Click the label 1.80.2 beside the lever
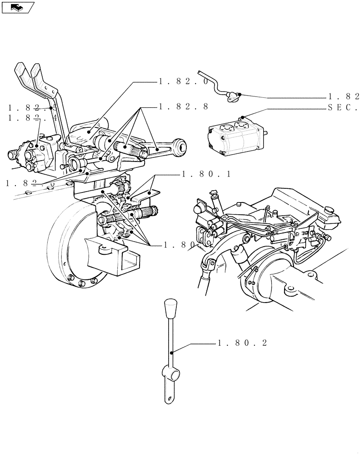click(242, 343)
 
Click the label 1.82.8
click(184, 106)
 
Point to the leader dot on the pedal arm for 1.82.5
click(51, 108)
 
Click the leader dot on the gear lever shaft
click(171, 352)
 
